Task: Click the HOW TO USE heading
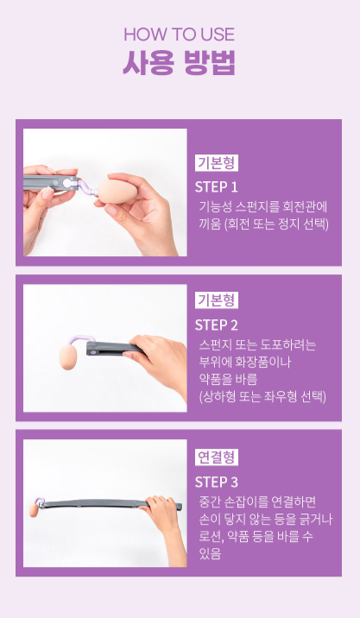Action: tap(180, 35)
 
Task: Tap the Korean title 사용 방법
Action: tap(180, 62)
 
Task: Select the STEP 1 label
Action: tap(217, 187)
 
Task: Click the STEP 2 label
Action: tap(217, 325)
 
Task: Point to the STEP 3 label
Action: tap(217, 482)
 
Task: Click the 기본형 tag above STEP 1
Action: tap(217, 163)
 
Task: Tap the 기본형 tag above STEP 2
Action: tap(217, 300)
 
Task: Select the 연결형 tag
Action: tap(217, 457)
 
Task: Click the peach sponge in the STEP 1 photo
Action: tap(117, 192)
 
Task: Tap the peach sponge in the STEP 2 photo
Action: tap(68, 356)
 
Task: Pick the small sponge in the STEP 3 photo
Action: tap(35, 509)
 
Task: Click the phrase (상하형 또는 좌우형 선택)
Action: tap(262, 396)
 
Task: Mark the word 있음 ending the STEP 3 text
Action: tap(210, 554)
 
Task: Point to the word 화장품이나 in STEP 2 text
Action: tap(257, 362)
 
